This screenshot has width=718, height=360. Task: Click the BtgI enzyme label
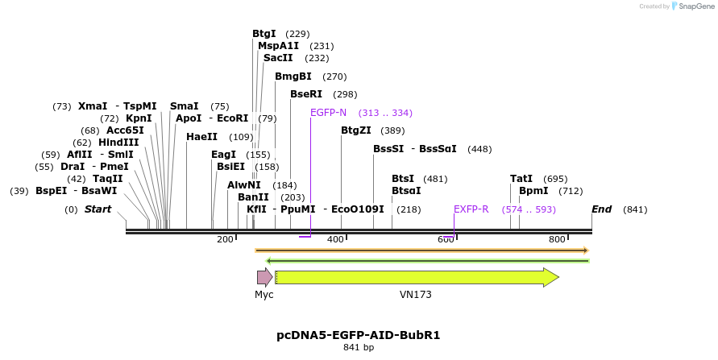[264, 34]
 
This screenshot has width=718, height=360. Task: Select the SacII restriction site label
[278, 58]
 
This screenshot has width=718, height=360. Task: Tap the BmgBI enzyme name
[293, 77]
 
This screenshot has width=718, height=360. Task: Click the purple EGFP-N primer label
[328, 113]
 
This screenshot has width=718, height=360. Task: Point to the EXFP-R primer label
[471, 209]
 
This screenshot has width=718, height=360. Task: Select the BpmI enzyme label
[533, 191]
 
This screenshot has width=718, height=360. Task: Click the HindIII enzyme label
[118, 143]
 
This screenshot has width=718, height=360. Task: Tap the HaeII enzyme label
[201, 137]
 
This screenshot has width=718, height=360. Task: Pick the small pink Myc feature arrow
[264, 278]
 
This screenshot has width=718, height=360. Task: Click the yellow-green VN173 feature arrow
[416, 278]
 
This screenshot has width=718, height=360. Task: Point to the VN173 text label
[416, 295]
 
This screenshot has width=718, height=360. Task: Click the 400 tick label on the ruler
[335, 239]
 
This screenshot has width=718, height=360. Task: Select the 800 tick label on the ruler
[557, 239]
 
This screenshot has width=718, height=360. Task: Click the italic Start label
[98, 209]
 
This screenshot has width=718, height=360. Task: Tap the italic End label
[601, 209]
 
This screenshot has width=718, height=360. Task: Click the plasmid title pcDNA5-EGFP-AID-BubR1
[359, 334]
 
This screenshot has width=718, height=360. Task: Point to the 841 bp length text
[359, 348]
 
